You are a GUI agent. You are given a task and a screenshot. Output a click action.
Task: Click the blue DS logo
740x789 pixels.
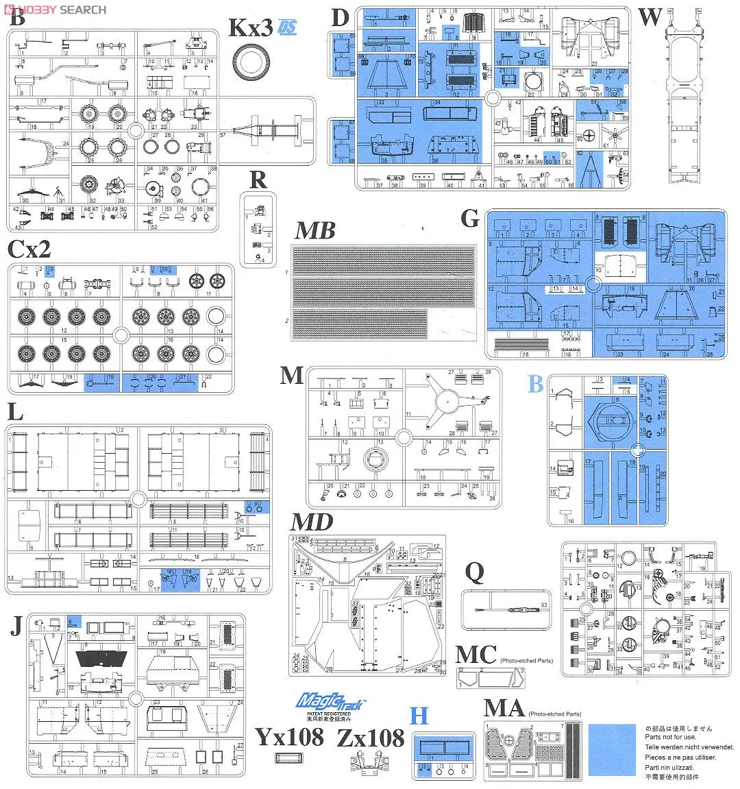pyautogui.click(x=287, y=28)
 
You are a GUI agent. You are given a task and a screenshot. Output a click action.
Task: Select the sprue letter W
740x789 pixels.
pyautogui.click(x=650, y=16)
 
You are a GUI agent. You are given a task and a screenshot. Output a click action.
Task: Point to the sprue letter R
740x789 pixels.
pyautogui.click(x=258, y=179)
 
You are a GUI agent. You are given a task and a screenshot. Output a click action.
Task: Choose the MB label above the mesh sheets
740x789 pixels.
pyautogui.click(x=315, y=230)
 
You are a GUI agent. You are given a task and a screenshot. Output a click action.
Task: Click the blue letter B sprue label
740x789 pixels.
pyautogui.click(x=535, y=385)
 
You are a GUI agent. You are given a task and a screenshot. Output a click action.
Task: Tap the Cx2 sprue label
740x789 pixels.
pyautogui.click(x=30, y=248)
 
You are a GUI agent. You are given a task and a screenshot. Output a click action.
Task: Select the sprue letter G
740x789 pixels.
pyautogui.click(x=470, y=218)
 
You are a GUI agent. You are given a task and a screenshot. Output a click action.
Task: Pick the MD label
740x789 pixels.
pyautogui.click(x=312, y=522)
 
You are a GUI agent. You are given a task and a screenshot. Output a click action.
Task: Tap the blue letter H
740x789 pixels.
pyautogui.click(x=419, y=716)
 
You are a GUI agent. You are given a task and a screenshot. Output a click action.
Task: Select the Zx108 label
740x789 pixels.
pyautogui.click(x=371, y=738)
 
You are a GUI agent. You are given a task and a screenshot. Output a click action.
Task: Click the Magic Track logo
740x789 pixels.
pyautogui.click(x=331, y=703)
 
